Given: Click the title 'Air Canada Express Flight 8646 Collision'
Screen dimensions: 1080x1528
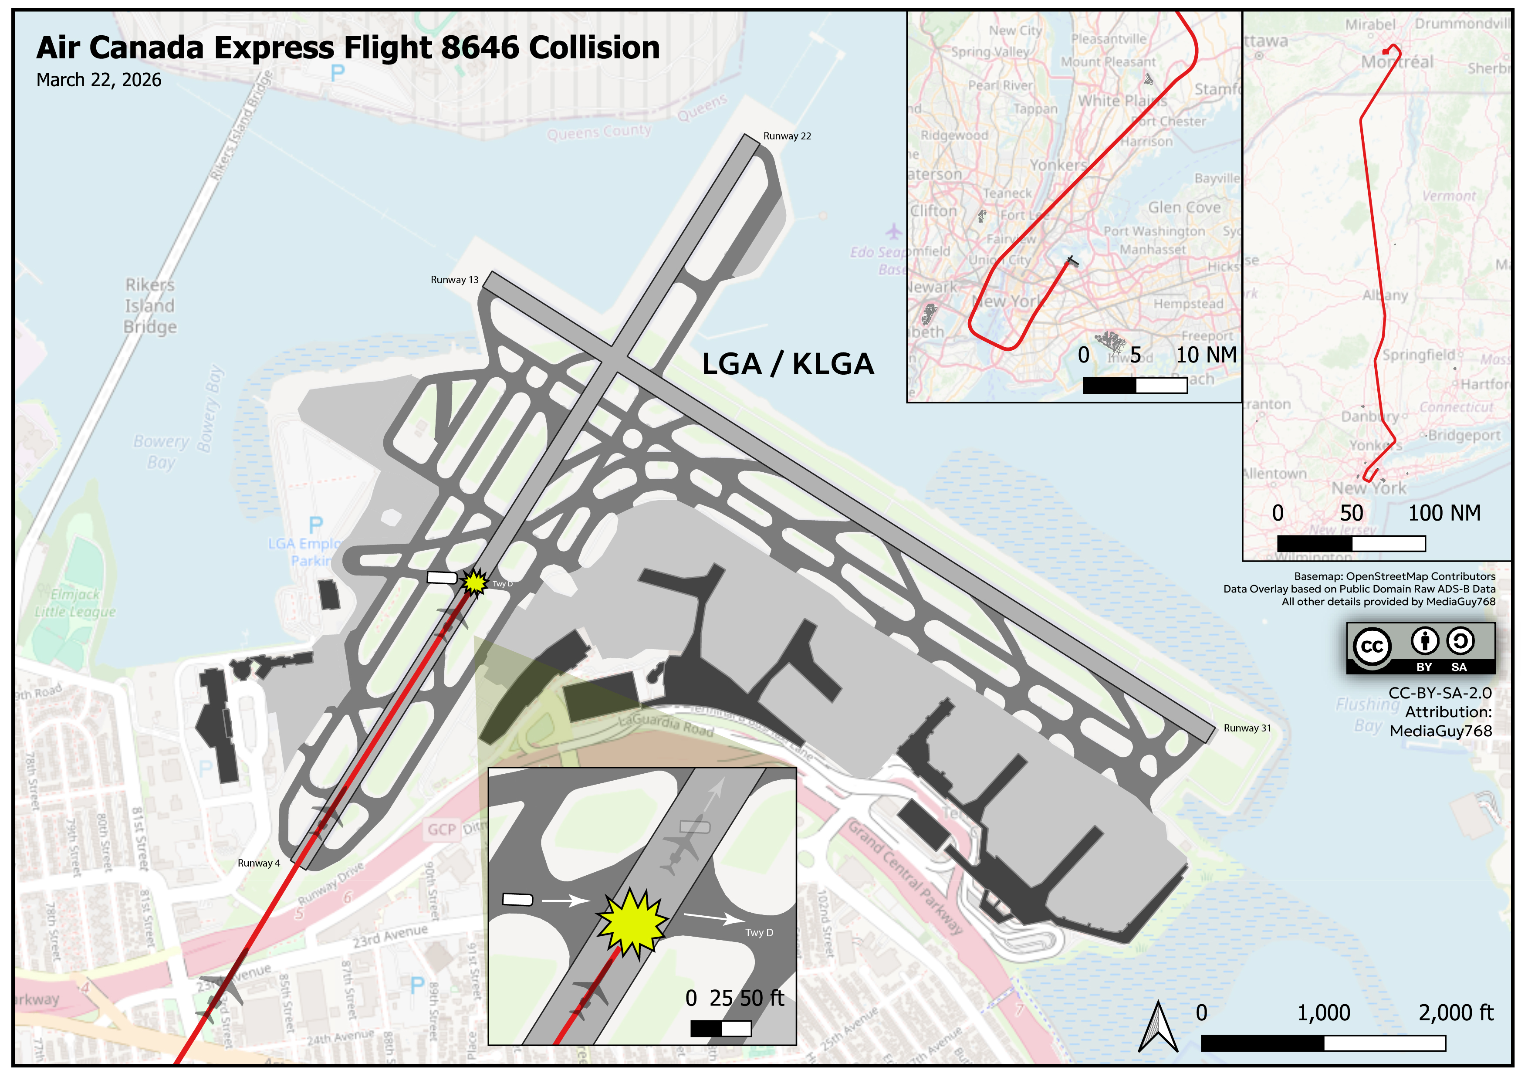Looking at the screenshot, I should click(348, 48).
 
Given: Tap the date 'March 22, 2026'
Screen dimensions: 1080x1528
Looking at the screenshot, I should click(98, 80).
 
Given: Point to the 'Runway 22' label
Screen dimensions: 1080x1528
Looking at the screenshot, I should click(787, 136).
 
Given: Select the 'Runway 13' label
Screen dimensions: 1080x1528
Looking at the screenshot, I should click(455, 280).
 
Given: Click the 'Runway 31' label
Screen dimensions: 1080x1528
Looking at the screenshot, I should click(1247, 728).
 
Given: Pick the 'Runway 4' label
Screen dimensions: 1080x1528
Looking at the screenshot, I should click(259, 863).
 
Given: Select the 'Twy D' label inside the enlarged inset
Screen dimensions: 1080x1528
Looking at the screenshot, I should click(759, 933).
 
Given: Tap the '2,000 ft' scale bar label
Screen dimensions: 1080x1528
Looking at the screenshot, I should click(1455, 1013).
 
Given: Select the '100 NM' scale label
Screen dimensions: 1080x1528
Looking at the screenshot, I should click(1444, 513).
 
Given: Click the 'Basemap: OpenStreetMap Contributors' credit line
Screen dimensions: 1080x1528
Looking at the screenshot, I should click(1394, 576).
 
